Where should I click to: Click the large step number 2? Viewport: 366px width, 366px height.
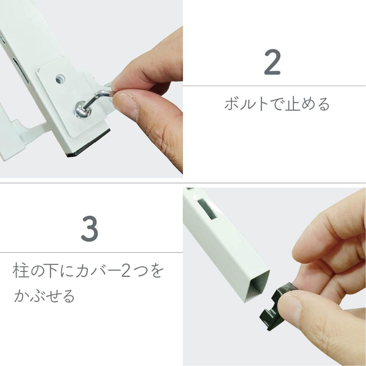(x=272, y=62)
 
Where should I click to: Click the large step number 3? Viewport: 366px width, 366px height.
(x=89, y=229)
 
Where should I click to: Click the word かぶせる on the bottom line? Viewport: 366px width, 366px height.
(x=44, y=296)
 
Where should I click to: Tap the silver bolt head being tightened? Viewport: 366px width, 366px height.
(x=81, y=109)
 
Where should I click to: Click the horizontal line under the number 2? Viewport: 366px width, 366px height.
(x=274, y=86)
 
